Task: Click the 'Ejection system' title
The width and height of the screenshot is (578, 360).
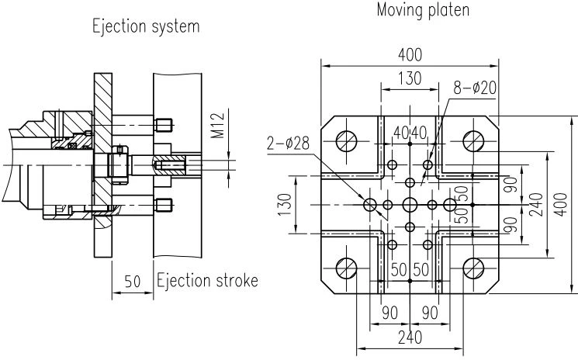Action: (x=146, y=27)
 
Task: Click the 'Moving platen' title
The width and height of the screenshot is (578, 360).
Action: (x=423, y=9)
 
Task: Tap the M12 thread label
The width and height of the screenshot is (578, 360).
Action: (x=218, y=126)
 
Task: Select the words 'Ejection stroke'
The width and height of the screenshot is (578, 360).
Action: (x=207, y=281)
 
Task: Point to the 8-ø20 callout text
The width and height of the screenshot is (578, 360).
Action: (x=475, y=88)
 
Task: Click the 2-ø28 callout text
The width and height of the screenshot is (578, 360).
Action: (x=289, y=143)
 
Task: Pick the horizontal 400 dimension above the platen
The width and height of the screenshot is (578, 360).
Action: (x=410, y=55)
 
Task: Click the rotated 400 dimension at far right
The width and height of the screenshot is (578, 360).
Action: (x=561, y=205)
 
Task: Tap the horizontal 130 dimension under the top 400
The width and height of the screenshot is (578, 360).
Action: (x=410, y=78)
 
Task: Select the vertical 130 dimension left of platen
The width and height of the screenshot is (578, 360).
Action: (x=286, y=205)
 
